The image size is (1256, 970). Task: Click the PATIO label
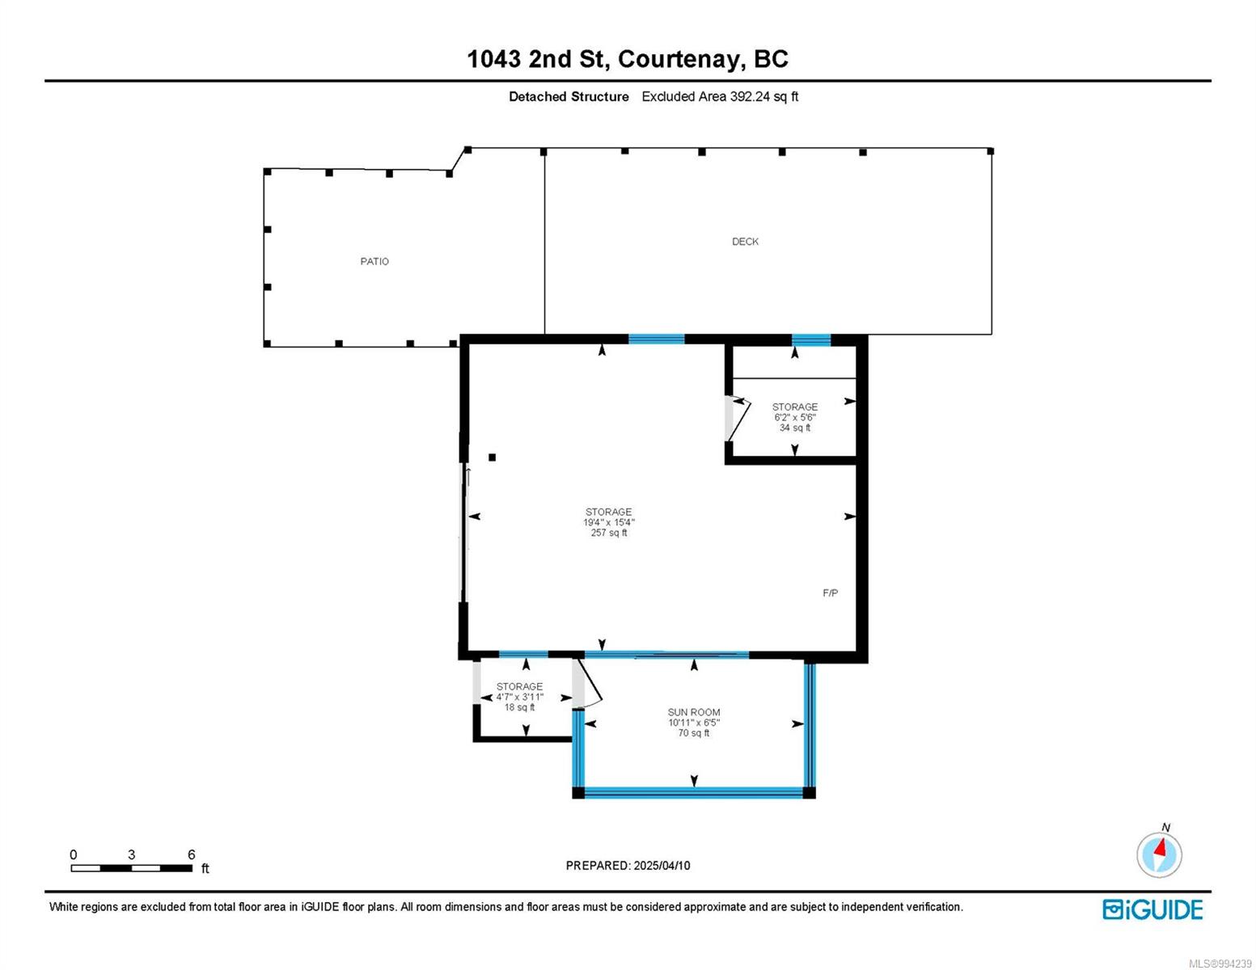(x=374, y=262)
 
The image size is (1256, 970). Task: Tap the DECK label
(x=745, y=242)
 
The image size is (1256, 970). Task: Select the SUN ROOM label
(x=694, y=712)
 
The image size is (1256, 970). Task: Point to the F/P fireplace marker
(x=830, y=593)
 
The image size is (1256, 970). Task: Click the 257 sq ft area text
(x=609, y=533)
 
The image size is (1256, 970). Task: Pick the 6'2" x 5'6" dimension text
(x=795, y=417)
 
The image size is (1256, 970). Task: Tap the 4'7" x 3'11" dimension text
(x=519, y=697)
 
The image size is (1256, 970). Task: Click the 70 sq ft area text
(x=694, y=733)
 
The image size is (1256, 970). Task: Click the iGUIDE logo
(x=1152, y=910)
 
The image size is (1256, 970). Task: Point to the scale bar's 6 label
(x=192, y=854)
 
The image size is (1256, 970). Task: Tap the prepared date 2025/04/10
(x=662, y=866)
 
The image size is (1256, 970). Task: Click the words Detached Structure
(x=569, y=96)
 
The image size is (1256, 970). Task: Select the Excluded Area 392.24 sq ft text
(x=720, y=96)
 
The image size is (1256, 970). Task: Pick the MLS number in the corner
(x=1220, y=964)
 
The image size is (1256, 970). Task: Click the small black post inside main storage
(x=492, y=458)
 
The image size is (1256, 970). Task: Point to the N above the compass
(x=1166, y=827)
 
